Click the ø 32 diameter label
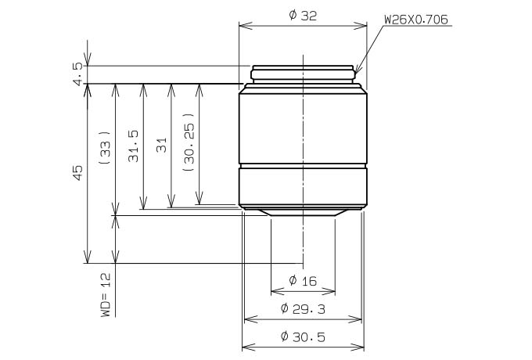tap(303, 16)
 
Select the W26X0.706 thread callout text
tap(416, 20)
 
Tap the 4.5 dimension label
tap(77, 74)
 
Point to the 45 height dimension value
tap(77, 173)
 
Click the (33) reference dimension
tap(106, 148)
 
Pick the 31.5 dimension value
tap(133, 146)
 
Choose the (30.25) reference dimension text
tap(189, 142)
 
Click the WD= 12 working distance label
tap(106, 294)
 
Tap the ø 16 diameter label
tap(303, 281)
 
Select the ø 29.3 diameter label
tap(303, 309)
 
